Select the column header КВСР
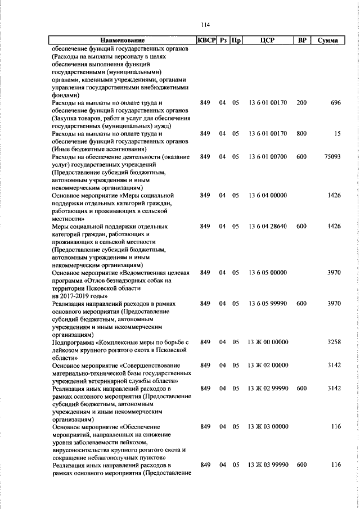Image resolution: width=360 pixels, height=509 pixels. [206, 40]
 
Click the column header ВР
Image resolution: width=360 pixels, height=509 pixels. [302, 40]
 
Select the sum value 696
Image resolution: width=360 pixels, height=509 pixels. [336, 103]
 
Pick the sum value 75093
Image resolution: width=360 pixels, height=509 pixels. [332, 157]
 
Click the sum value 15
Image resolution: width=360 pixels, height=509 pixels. [337, 134]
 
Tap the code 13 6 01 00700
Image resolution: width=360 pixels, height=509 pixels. [267, 157]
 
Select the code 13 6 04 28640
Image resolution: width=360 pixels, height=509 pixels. [267, 226]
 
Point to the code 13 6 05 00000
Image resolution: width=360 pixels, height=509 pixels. [267, 272]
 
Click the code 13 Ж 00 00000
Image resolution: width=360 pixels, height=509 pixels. [267, 342]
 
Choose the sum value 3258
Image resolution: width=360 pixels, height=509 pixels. [334, 342]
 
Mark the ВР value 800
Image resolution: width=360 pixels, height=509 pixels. [302, 134]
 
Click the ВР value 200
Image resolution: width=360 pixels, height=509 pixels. [302, 103]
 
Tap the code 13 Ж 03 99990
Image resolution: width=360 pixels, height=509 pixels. [267, 465]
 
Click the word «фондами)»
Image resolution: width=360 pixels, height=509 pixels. [65, 95]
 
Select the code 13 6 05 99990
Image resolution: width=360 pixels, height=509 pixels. [267, 303]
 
